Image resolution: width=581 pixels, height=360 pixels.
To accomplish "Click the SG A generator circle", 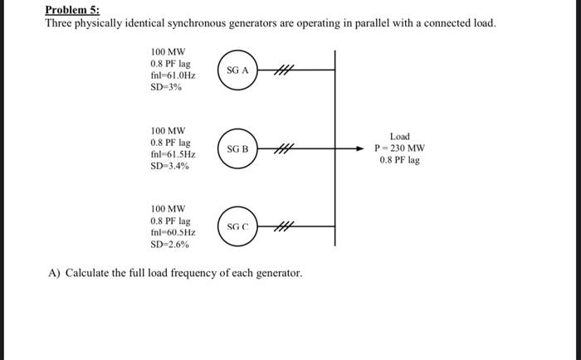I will click(238, 71).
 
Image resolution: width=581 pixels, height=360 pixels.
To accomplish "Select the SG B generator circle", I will click(238, 149).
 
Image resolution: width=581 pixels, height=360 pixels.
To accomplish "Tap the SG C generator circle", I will click(238, 226).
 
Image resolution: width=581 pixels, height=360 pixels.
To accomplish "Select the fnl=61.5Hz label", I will click(172, 154).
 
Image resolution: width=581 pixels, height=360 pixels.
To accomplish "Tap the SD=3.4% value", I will click(169, 167).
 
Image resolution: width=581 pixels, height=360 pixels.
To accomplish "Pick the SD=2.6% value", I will click(169, 245).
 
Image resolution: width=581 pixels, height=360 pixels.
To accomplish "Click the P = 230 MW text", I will click(399, 148).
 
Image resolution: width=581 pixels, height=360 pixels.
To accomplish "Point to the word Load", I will click(399, 136).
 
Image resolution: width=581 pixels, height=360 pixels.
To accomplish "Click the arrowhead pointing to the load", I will click(359, 149).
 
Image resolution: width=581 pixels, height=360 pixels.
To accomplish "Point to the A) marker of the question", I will click(54, 272).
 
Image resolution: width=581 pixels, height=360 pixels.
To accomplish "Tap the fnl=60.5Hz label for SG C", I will click(172, 233).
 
